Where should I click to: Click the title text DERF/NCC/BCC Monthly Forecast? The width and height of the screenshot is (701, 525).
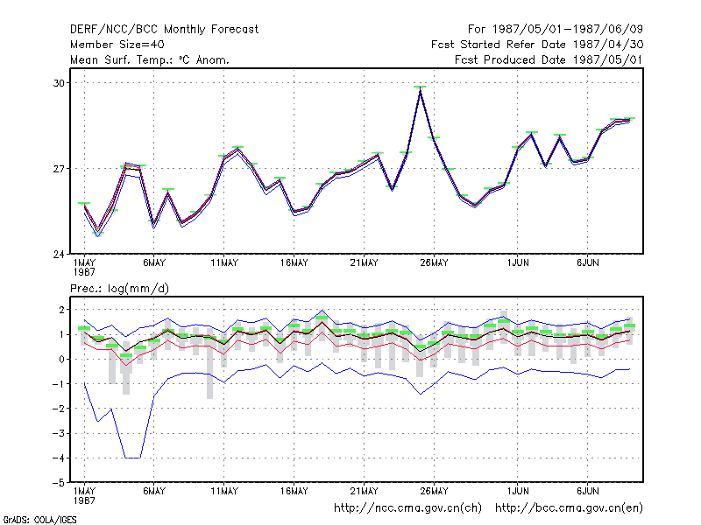click(x=164, y=30)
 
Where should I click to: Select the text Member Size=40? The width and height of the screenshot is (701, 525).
click(x=117, y=45)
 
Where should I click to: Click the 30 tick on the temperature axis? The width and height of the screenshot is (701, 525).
click(x=59, y=83)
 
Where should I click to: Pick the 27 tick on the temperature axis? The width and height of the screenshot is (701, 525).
click(x=59, y=169)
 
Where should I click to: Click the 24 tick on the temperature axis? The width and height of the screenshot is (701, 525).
click(x=59, y=255)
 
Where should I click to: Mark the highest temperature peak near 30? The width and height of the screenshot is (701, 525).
click(x=420, y=90)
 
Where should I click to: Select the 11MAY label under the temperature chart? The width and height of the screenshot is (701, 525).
click(x=224, y=263)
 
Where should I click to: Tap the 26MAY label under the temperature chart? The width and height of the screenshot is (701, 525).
click(x=434, y=263)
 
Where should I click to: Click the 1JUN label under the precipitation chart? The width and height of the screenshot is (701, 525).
click(x=518, y=491)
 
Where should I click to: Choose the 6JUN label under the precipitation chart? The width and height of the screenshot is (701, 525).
click(x=587, y=491)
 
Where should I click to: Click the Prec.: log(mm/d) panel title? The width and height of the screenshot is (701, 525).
click(x=119, y=289)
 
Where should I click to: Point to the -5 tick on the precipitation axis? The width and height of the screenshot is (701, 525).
click(x=59, y=483)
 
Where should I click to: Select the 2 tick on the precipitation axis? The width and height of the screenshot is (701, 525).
click(x=61, y=310)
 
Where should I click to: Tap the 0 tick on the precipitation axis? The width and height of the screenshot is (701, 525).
click(x=61, y=360)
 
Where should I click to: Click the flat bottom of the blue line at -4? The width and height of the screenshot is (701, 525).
click(x=133, y=458)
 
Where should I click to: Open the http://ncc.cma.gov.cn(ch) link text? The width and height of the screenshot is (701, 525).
click(x=407, y=508)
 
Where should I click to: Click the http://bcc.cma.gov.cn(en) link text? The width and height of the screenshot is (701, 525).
click(x=569, y=508)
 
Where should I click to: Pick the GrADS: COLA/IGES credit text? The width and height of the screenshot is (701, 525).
click(x=39, y=520)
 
